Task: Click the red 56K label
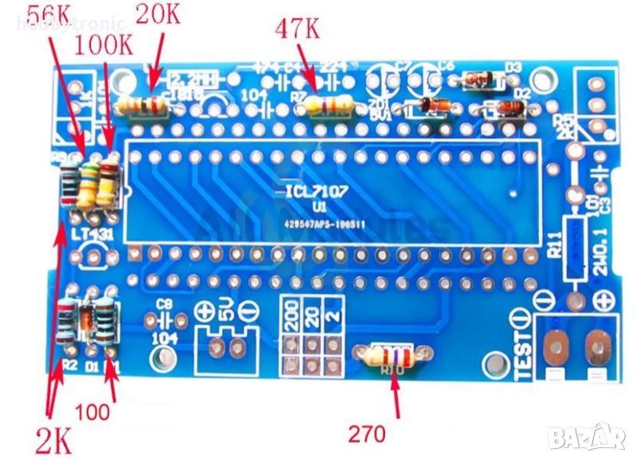pos(53,14)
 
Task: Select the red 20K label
pos(164,14)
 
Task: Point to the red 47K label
pos(298,31)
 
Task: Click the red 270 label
pos(367,434)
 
